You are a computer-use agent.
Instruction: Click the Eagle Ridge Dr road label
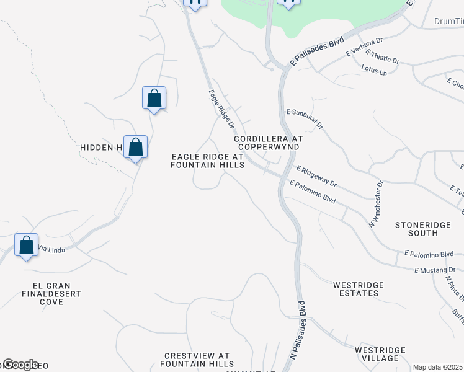[x=221, y=108]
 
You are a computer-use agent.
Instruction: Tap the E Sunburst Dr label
[x=305, y=117]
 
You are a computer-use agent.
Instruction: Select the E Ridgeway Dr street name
[x=316, y=176]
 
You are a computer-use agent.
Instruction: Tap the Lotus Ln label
[x=373, y=71]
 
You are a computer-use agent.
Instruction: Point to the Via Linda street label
[x=51, y=249]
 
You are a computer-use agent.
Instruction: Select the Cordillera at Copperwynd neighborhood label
[x=268, y=143]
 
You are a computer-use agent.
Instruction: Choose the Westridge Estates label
[x=358, y=289]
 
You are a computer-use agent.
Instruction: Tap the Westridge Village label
[x=380, y=354]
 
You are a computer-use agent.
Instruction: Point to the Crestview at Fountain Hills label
[x=197, y=360]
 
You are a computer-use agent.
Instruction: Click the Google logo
[x=20, y=365]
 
